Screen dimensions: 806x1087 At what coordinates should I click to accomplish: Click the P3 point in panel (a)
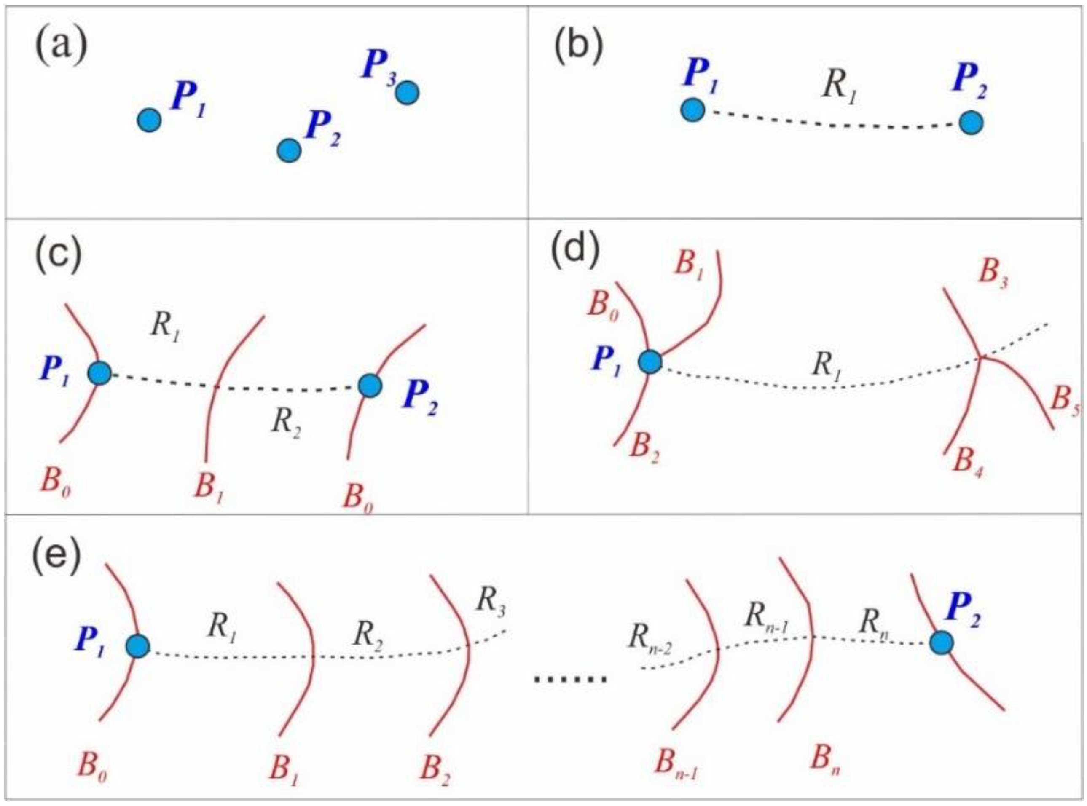(407, 93)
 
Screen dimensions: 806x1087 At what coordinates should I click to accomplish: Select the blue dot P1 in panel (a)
(149, 120)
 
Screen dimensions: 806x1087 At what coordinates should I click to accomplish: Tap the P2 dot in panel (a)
(289, 150)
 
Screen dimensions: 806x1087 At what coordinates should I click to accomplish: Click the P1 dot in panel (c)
(99, 373)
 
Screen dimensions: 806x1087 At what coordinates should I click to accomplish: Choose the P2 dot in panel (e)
(941, 643)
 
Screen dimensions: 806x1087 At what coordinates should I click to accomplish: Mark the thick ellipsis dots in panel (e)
(570, 679)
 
